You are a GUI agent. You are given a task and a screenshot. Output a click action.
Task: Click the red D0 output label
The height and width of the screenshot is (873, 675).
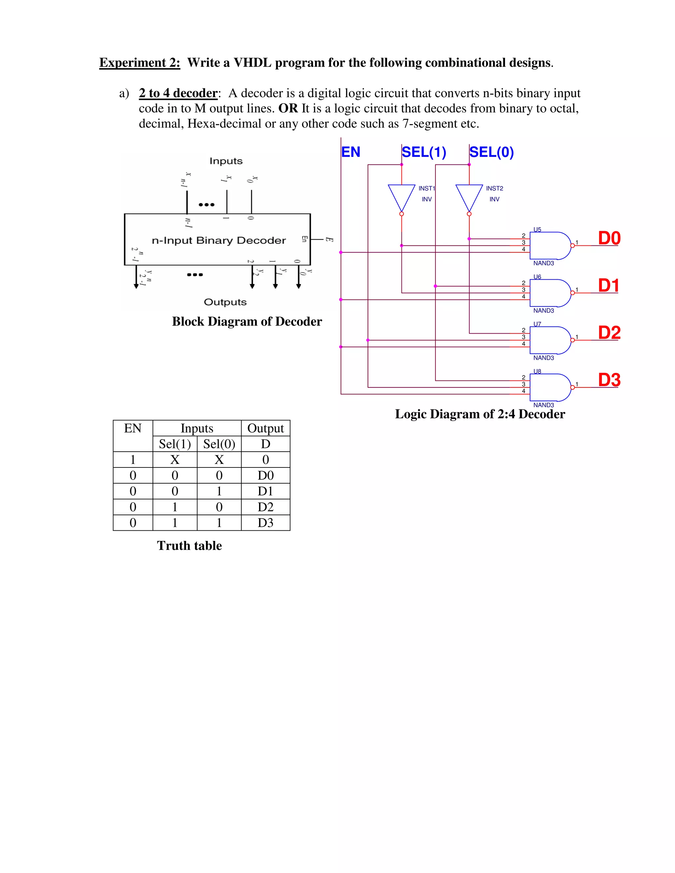(609, 238)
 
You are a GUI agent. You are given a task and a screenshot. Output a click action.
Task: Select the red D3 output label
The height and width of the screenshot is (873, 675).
(609, 380)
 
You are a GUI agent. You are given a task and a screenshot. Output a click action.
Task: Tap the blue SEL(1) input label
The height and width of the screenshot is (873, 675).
(424, 152)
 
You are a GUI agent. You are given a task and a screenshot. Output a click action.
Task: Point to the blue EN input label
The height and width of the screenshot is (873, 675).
(351, 152)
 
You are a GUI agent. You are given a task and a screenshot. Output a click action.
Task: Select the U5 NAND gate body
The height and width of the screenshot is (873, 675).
(549, 245)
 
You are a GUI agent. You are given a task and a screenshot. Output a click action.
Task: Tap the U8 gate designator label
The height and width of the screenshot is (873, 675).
(537, 371)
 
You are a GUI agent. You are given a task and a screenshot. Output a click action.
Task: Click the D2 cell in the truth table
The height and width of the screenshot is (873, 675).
(266, 507)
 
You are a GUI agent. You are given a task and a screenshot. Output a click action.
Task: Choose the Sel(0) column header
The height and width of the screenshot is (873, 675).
(219, 444)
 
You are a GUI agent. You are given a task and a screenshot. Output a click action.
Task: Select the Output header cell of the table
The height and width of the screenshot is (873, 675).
(266, 429)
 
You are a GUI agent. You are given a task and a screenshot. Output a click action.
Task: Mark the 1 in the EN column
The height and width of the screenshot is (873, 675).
(133, 460)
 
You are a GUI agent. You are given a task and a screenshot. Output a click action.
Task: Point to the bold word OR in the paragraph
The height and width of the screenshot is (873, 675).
(288, 108)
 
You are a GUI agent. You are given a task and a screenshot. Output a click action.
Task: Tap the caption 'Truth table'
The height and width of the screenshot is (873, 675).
(189, 546)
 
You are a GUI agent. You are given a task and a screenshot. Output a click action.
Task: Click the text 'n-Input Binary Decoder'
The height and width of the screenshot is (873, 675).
(219, 240)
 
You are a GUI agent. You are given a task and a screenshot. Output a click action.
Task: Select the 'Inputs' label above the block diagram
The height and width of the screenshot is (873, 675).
(226, 161)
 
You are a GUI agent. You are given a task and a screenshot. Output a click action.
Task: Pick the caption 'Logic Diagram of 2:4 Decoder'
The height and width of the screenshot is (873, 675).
(480, 414)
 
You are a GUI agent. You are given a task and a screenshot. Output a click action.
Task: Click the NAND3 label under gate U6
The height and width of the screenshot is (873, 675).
(543, 311)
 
